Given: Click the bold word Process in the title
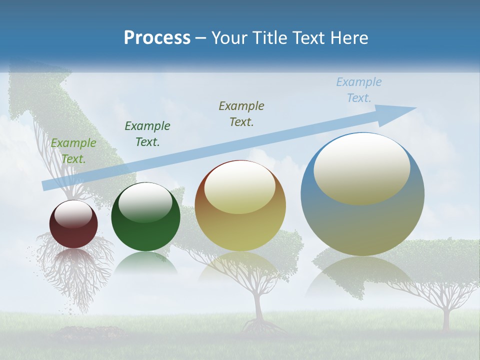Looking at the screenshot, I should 157,38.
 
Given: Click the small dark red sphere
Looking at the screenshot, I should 73,224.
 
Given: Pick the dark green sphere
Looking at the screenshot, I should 145,217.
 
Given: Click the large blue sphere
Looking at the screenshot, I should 362,195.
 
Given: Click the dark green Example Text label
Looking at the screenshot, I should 147,134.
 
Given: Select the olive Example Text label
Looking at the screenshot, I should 241,113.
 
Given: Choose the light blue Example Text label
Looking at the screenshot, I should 358,90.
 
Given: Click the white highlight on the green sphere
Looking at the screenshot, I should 145,201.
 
